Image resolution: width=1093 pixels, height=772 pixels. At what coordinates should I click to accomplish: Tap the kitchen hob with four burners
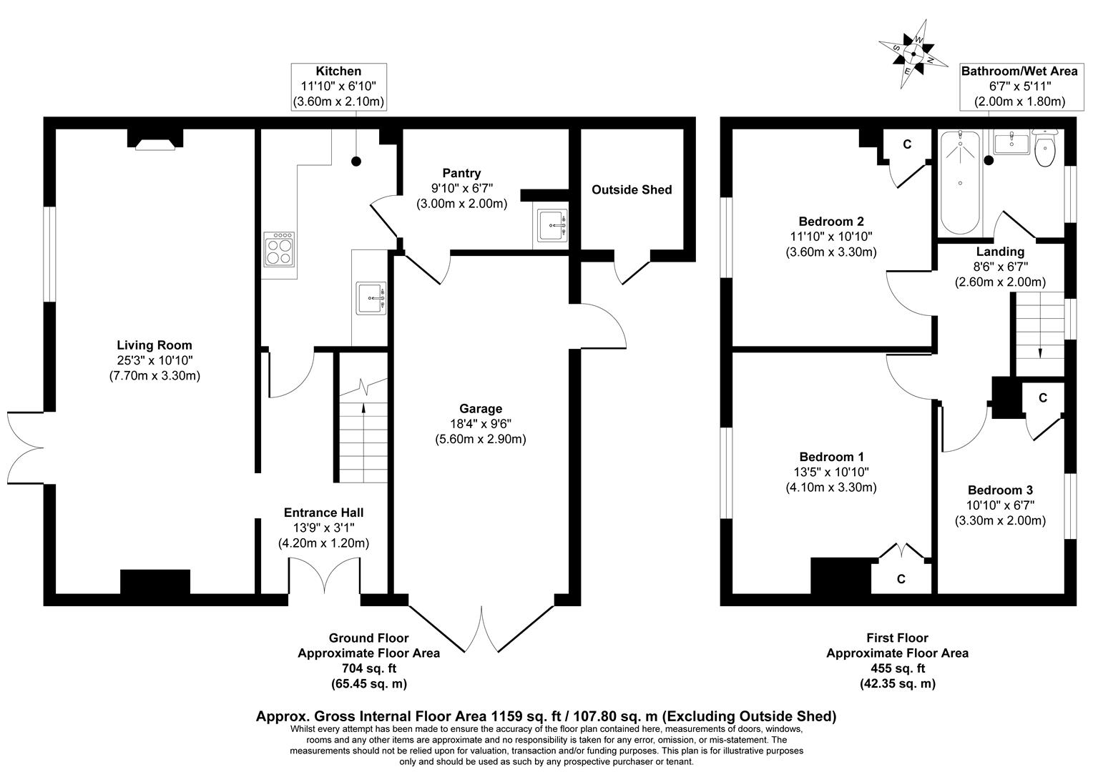pos(280,249)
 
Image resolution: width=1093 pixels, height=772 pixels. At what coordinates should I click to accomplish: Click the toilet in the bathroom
pos(1045,147)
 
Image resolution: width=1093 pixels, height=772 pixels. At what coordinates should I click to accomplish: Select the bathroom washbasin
pos(1011,143)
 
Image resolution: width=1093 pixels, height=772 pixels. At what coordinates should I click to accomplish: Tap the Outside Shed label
pos(632,189)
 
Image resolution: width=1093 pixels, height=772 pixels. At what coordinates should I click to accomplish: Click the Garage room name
pos(481,408)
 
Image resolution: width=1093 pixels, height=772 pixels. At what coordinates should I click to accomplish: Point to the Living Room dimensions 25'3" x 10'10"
pos(155,360)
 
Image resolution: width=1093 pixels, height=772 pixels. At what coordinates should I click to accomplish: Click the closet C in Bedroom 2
pos(906,145)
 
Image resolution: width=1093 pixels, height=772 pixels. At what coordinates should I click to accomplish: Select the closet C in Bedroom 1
pos(901,579)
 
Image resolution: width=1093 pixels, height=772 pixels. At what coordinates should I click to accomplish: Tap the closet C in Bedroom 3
pos(1042,398)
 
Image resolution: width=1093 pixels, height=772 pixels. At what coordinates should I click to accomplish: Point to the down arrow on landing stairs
pos(1039,352)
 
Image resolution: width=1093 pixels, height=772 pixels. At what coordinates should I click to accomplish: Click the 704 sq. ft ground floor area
pos(368,668)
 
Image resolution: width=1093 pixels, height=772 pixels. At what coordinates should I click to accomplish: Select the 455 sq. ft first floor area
pos(897,668)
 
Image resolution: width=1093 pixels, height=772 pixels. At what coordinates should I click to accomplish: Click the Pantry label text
pos(461,173)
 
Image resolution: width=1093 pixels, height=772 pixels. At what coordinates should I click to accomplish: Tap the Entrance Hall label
pos(323,513)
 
